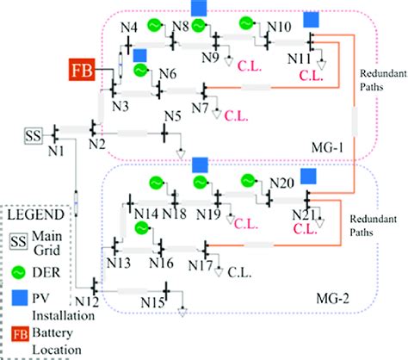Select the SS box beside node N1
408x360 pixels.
[34, 135]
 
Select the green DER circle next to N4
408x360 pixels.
[155, 24]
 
